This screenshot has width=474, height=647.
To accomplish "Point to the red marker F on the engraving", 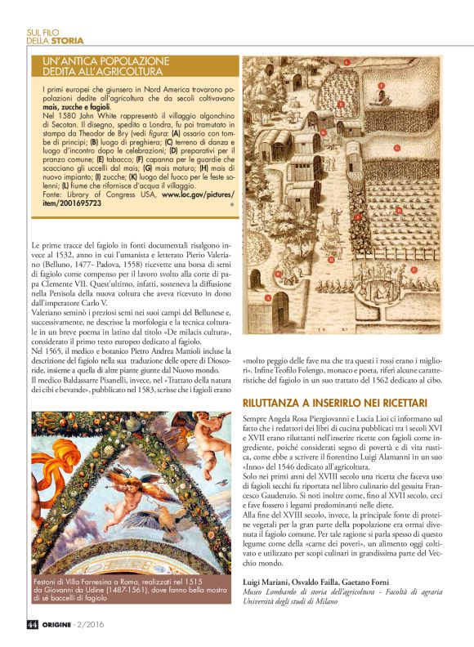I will [381, 85].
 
